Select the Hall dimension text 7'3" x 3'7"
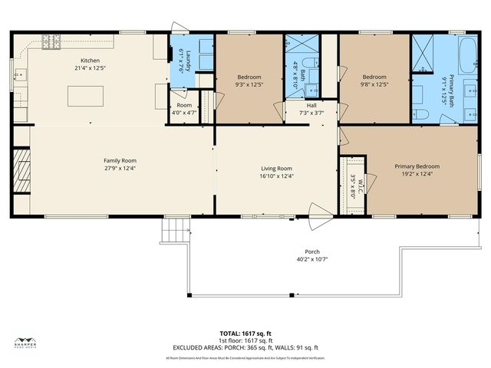point(311,113)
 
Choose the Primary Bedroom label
point(417,166)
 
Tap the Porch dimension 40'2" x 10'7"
point(312,259)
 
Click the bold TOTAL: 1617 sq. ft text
point(245,334)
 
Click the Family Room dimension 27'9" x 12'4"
point(125,168)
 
